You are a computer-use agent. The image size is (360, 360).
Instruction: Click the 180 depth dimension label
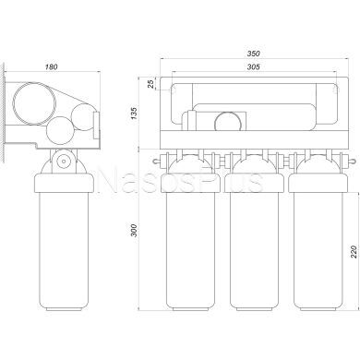(x=52, y=66)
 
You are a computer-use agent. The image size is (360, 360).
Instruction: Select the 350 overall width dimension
(x=254, y=54)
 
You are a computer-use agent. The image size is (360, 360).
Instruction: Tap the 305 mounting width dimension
(x=254, y=66)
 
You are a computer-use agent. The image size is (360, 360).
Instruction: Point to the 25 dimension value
(x=150, y=84)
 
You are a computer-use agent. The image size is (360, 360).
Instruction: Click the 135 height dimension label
(x=135, y=113)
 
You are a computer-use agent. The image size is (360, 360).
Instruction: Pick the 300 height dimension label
(x=134, y=230)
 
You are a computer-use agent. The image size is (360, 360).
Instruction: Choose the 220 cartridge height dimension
(x=354, y=251)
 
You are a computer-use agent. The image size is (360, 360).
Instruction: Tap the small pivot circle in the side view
(x=64, y=161)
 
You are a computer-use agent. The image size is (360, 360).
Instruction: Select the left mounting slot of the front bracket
(x=173, y=90)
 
